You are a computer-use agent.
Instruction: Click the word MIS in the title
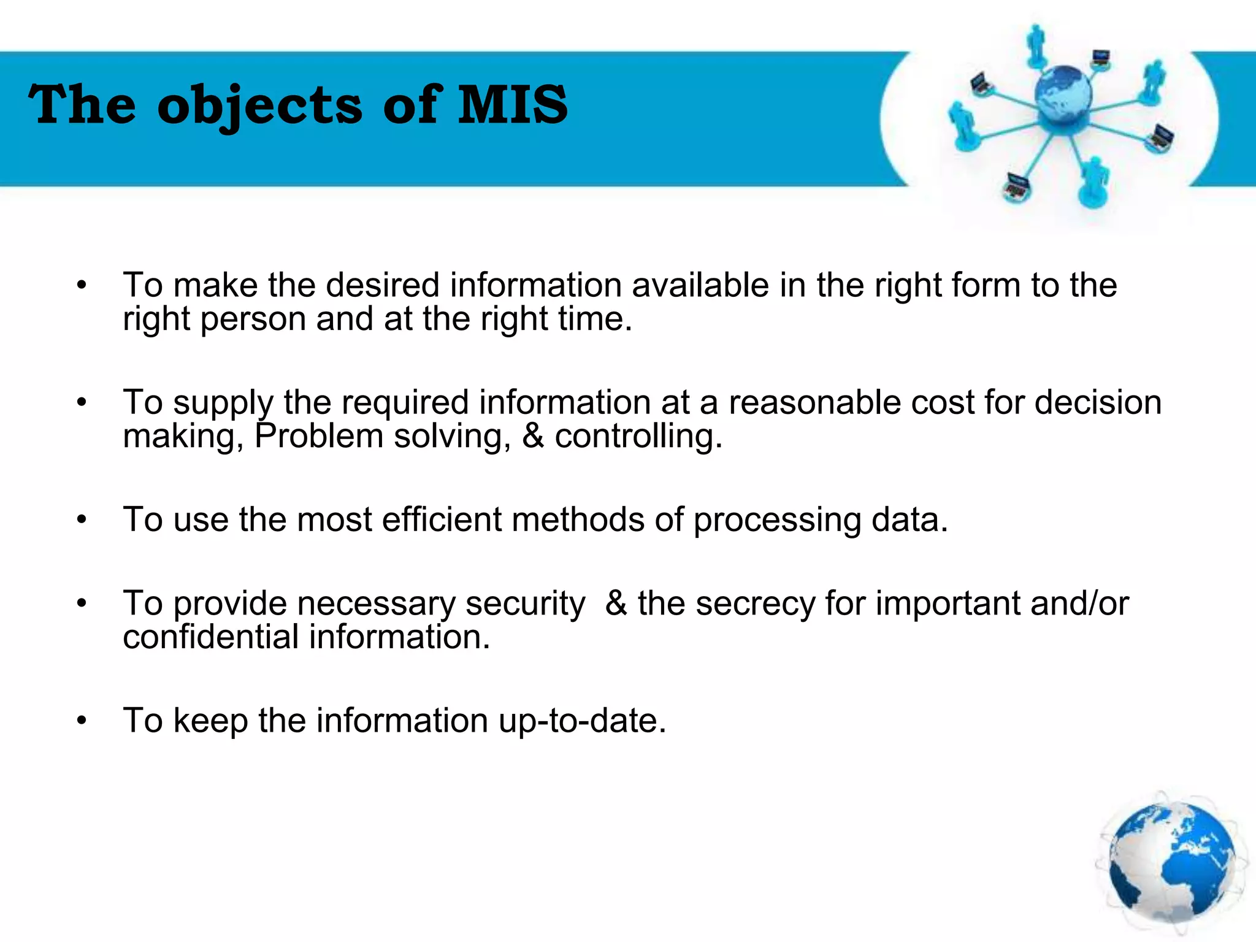click(513, 105)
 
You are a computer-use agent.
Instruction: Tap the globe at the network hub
click(1063, 95)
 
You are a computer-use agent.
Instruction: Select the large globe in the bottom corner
click(1172, 863)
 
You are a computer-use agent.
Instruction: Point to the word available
click(700, 286)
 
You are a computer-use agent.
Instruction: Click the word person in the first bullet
click(253, 320)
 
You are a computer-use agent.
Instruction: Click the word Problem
click(318, 437)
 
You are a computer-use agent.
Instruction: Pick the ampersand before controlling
click(533, 436)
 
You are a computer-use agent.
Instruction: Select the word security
click(526, 604)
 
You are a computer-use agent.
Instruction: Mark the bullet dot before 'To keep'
click(82, 721)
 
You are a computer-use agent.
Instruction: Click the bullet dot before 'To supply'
click(82, 404)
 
